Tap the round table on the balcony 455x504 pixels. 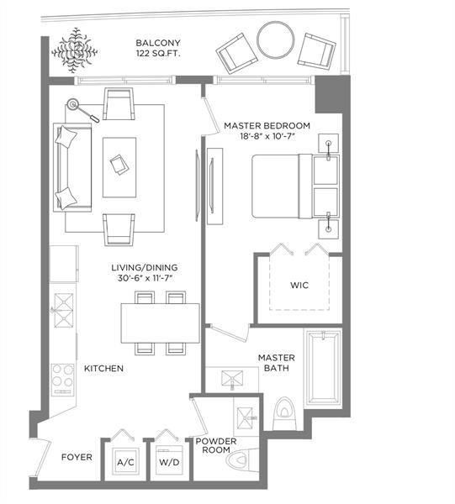click(275, 39)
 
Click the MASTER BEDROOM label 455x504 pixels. click(267, 126)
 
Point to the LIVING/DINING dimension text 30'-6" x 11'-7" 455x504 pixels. click(147, 279)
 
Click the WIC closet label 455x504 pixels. click(299, 286)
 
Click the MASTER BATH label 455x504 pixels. click(276, 364)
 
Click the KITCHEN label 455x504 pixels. click(103, 369)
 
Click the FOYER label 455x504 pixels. click(77, 459)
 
